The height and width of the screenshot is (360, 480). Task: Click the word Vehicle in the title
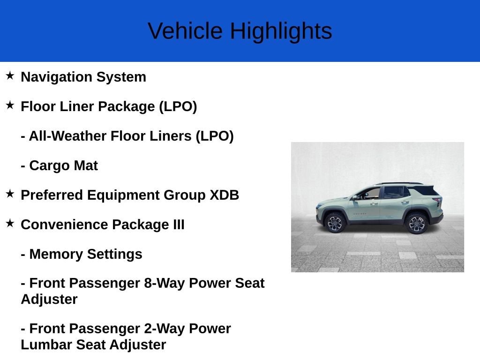[x=185, y=31]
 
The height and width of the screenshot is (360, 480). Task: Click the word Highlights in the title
[x=281, y=31]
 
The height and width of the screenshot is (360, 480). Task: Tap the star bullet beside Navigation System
[x=10, y=75]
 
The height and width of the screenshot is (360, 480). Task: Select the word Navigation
[x=56, y=77]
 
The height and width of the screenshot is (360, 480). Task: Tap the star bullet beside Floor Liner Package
[x=10, y=105]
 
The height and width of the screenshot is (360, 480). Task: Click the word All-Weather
[x=67, y=136]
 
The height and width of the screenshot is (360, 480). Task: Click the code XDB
[x=224, y=195]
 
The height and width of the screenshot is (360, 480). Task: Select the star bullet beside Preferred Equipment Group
[x=10, y=194]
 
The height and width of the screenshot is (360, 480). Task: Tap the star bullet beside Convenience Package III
[x=10, y=224]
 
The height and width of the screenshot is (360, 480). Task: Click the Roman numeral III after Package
[x=179, y=225]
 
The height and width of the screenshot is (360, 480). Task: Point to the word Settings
[x=115, y=255]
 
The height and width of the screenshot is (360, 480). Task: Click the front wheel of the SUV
[x=335, y=223]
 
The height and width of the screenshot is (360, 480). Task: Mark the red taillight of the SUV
[x=438, y=201]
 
